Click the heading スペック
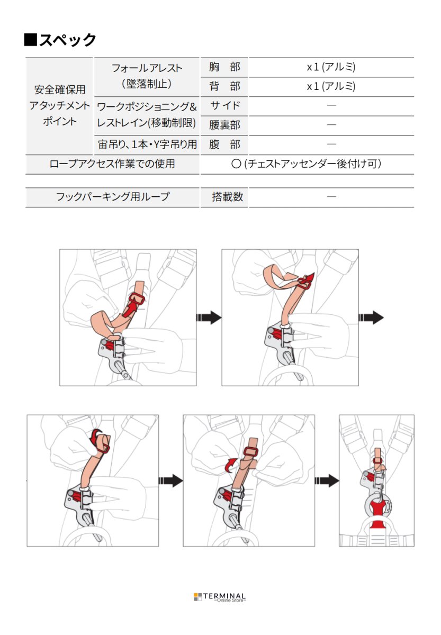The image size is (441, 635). point(60,40)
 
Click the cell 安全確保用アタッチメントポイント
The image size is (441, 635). point(59,105)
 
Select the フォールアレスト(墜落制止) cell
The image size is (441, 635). point(147,76)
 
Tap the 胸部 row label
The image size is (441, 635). point(224,67)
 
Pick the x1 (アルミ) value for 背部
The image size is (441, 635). point(331,86)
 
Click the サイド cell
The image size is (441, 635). point(224,105)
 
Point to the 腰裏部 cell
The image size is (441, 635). point(224,125)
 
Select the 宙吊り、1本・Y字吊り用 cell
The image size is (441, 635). point(147,144)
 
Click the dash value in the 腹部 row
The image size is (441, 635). point(331,144)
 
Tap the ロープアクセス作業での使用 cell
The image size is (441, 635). point(112,164)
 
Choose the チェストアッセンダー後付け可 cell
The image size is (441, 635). point(307,164)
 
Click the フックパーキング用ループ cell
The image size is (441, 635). point(112,197)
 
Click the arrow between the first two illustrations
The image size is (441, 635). point(209,317)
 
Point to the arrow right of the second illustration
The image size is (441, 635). point(371,317)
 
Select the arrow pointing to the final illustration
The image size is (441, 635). point(327,480)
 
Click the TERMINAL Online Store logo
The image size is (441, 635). point(220,597)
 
